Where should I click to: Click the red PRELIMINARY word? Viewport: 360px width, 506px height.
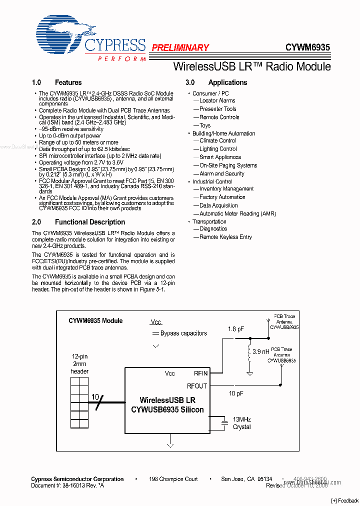180,48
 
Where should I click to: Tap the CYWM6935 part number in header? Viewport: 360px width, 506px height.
307,48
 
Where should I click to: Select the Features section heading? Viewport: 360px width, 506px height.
68,82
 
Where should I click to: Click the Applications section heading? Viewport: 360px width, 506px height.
227,82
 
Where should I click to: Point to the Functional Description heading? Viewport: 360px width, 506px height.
90,222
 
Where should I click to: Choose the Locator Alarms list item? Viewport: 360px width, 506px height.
217,100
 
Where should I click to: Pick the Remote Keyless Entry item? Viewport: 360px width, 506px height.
225,237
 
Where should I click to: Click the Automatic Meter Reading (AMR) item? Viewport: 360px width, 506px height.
237,213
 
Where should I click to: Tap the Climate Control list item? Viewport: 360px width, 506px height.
217,140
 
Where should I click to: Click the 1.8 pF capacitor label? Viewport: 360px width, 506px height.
236,329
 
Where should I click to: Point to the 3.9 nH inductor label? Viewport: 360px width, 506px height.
261,352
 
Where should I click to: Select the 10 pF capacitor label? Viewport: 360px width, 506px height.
236,393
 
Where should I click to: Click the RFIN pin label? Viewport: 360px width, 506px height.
200,373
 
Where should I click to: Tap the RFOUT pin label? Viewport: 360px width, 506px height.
196,386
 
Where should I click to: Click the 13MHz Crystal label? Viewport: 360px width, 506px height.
242,423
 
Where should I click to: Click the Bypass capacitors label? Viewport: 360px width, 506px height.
183,333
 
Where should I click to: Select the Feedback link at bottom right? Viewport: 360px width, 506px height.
345,500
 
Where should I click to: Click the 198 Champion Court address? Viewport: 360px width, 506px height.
173,479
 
